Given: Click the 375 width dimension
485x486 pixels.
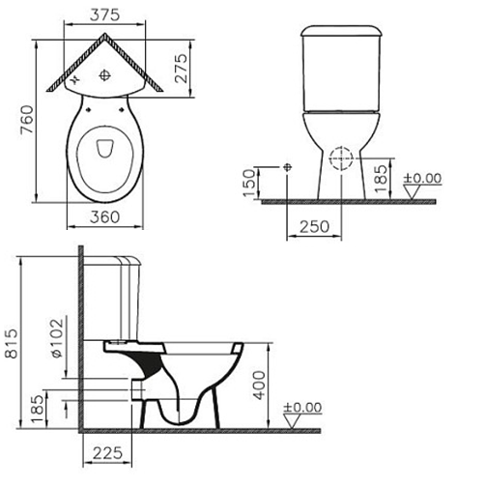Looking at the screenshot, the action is click(104, 14).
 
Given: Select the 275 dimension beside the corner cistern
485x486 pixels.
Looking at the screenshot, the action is click(181, 68).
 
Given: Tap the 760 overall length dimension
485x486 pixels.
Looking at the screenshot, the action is click(27, 119).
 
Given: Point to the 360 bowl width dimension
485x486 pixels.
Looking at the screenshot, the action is click(104, 217).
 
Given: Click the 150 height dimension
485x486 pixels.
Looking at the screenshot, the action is click(249, 183).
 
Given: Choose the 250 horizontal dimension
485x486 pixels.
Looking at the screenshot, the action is click(314, 227).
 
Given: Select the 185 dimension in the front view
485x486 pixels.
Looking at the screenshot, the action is click(381, 179).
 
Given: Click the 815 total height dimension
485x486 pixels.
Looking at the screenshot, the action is click(12, 344).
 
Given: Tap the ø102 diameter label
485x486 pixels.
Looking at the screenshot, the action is click(57, 338).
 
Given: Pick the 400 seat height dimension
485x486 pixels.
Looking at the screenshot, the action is click(259, 386).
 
